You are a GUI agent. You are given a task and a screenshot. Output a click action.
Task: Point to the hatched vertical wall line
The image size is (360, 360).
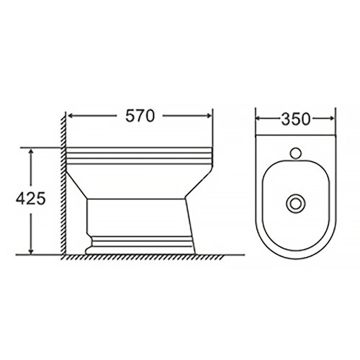click(65, 187)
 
